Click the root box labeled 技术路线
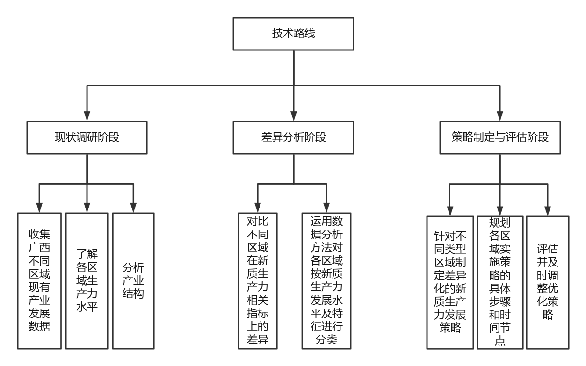tap(293, 34)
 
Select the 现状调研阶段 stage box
tap(87, 137)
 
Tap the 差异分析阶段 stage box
tap(293, 137)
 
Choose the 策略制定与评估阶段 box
tap(499, 137)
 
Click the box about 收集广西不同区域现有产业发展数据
tap(40, 280)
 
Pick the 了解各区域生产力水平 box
tap(87, 280)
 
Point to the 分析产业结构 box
tap(133, 280)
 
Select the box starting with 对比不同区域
tap(258, 280)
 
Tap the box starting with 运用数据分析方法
tap(326, 280)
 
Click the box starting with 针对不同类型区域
tap(450, 282)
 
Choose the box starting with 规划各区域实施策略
tap(499, 282)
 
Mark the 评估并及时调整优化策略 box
tap(547, 282)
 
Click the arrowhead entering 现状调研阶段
tap(87, 116)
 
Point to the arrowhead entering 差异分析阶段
tap(293, 116)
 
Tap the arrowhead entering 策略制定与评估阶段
tap(499, 116)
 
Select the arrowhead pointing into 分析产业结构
tap(133, 208)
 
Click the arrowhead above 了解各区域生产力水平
tap(87, 208)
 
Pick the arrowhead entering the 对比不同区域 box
tap(258, 208)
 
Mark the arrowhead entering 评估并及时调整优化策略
tap(547, 211)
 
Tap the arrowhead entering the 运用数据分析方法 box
tap(326, 208)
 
